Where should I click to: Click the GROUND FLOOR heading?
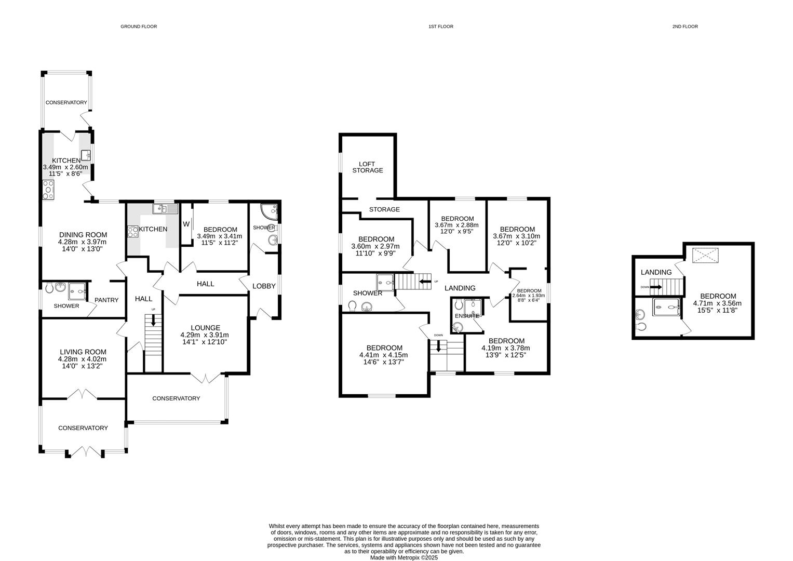[x=139, y=26]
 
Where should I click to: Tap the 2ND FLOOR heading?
[x=685, y=26]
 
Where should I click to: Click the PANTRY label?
[x=106, y=300]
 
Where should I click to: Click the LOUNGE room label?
[x=206, y=328]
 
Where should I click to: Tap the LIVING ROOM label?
[x=83, y=352]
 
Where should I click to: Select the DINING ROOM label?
[x=83, y=234]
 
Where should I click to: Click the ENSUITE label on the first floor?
[x=467, y=316]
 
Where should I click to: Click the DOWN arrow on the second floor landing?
[x=655, y=287]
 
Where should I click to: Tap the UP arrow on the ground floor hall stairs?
[x=153, y=321]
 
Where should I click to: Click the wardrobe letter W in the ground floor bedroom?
[x=186, y=224]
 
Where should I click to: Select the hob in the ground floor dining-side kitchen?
[x=48, y=190]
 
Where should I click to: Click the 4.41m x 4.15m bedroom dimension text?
[x=383, y=355]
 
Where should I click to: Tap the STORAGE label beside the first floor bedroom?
[x=384, y=209]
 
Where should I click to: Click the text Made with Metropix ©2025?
[x=404, y=558]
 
